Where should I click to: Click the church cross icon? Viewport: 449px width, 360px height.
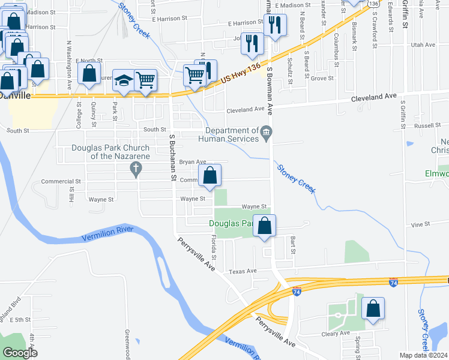(136, 170)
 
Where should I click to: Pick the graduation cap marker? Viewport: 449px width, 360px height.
(124, 80)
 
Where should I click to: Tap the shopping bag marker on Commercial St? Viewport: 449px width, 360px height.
(210, 176)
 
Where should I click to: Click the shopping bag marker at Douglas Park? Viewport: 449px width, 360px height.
(265, 226)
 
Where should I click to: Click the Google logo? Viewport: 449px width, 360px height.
(20, 353)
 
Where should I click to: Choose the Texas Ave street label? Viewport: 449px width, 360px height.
(243, 271)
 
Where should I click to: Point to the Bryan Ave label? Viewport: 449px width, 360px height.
(193, 161)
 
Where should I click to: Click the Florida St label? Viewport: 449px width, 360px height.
(213, 245)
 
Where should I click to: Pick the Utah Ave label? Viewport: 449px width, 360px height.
(422, 45)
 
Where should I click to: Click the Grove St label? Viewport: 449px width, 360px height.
(322, 78)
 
